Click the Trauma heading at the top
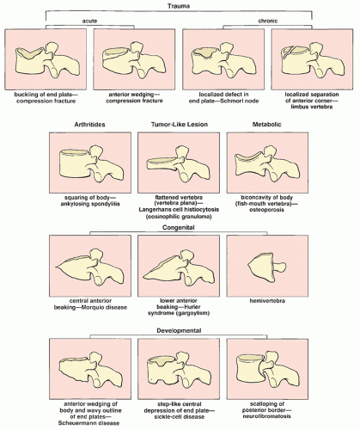pyautogui.click(x=179, y=6)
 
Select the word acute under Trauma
pyautogui.click(x=89, y=21)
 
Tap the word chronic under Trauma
pyautogui.click(x=268, y=21)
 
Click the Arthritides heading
pyautogui.click(x=89, y=125)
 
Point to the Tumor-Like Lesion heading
pyautogui.click(x=180, y=125)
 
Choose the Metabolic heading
pyautogui.click(x=266, y=125)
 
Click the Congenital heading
pyautogui.click(x=179, y=228)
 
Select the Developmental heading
pyautogui.click(x=179, y=330)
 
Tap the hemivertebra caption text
pyautogui.click(x=267, y=301)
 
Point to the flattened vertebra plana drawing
pyautogui.click(x=179, y=164)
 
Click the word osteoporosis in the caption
pyautogui.click(x=266, y=210)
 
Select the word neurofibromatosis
pyautogui.click(x=266, y=416)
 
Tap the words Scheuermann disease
pyautogui.click(x=88, y=423)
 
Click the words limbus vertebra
pyautogui.click(x=312, y=107)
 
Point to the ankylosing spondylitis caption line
pyautogui.click(x=90, y=204)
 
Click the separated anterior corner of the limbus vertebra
pyautogui.click(x=286, y=52)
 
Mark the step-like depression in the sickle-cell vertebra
pyautogui.click(x=165, y=362)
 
